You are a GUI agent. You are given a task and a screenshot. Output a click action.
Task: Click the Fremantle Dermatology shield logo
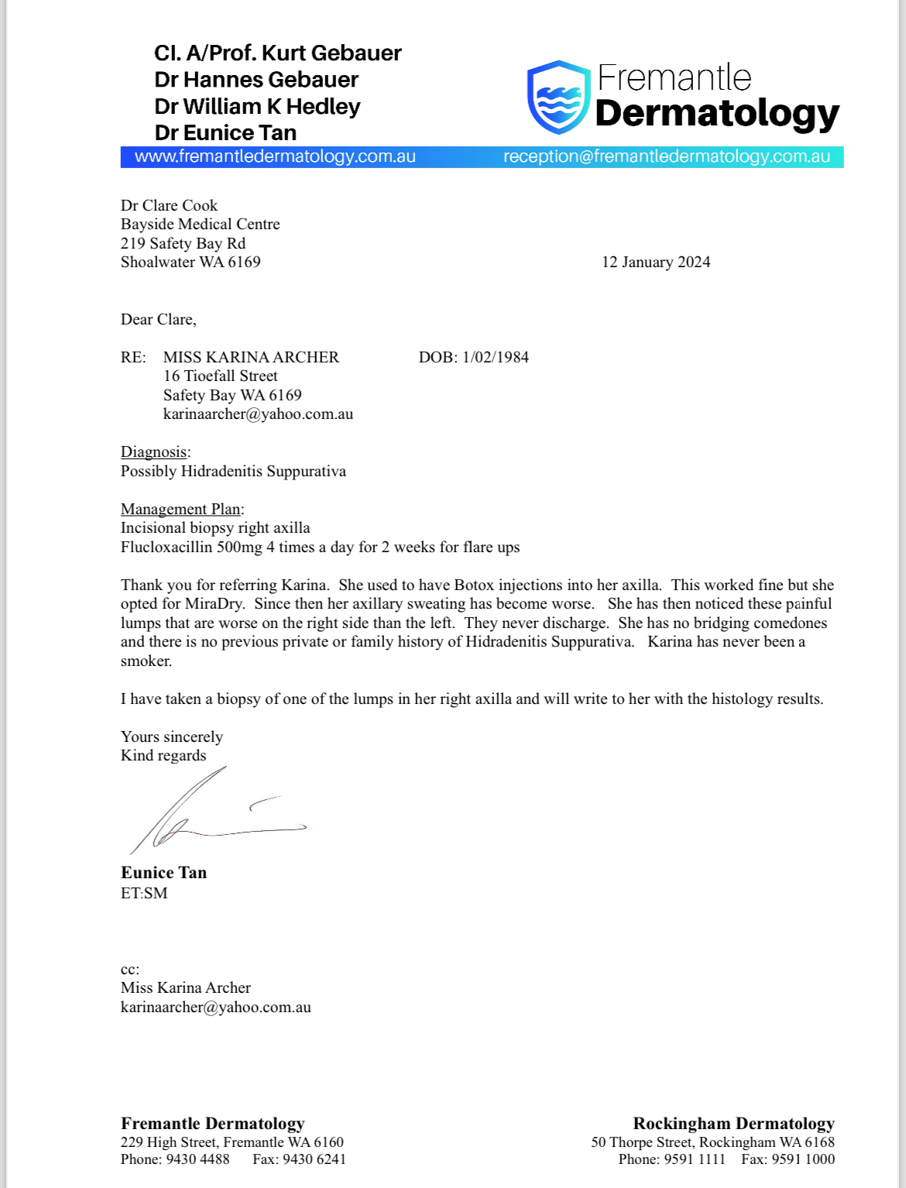pos(558,97)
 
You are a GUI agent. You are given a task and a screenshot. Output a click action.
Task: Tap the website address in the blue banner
pos(275,156)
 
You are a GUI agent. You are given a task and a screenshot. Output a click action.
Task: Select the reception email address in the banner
pos(666,156)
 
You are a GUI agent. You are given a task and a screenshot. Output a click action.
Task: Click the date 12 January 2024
pos(656,263)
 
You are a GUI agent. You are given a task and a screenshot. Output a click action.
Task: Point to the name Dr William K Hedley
pos(257,106)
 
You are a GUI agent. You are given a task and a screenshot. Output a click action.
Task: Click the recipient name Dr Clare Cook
pos(169,205)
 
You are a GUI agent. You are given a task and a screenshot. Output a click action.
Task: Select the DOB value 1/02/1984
pos(496,357)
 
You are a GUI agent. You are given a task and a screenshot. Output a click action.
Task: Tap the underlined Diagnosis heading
pos(154,452)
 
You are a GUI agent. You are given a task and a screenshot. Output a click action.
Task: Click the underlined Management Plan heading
pos(181,509)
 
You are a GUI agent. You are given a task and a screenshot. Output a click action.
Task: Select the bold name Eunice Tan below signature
pos(163,873)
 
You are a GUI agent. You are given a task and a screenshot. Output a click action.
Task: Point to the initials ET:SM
pos(144,893)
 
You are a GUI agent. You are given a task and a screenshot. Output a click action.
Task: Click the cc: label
pos(130,969)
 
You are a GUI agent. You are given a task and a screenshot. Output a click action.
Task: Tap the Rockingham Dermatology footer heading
pos(733,1124)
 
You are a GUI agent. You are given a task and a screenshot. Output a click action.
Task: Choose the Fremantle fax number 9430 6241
pos(314,1159)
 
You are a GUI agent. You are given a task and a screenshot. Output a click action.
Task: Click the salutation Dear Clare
pos(158,319)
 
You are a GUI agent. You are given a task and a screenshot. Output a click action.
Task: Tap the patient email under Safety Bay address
pos(258,414)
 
